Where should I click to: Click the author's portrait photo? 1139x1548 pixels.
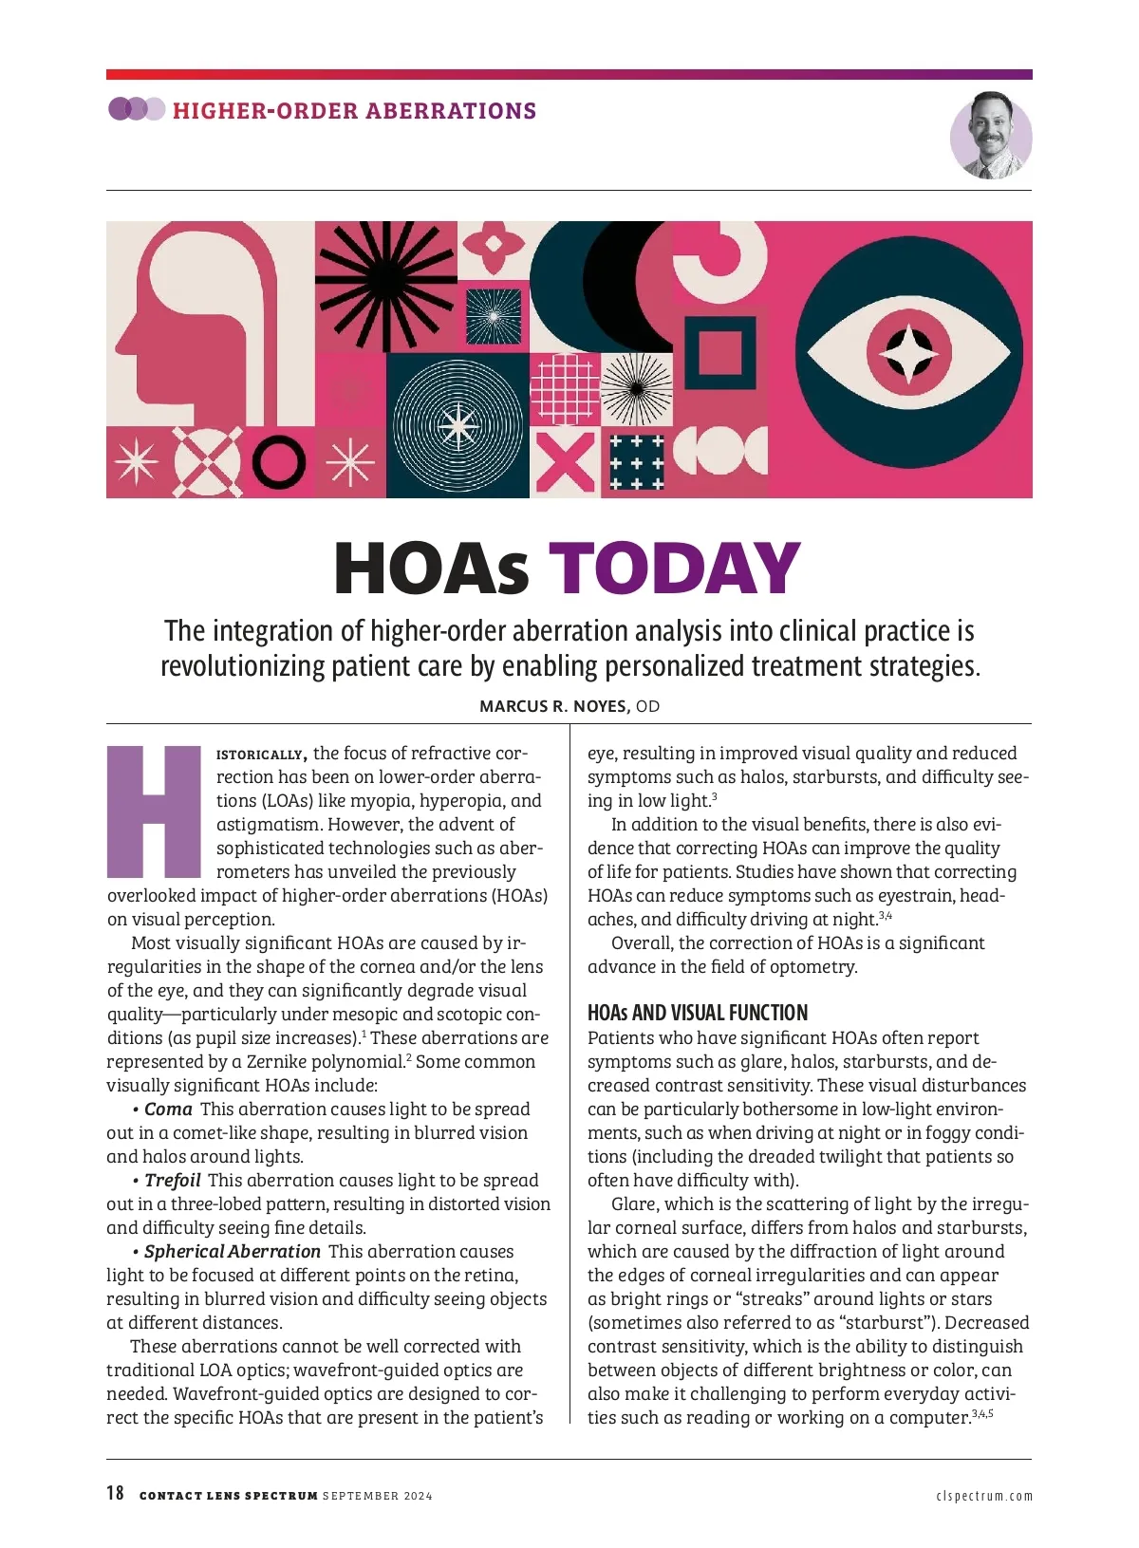click(x=991, y=136)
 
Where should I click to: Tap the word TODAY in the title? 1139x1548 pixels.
click(x=675, y=569)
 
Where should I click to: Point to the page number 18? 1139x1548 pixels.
click(x=115, y=1493)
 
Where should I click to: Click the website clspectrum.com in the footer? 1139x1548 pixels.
click(x=984, y=1496)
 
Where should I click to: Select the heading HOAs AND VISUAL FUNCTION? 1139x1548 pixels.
click(x=698, y=1013)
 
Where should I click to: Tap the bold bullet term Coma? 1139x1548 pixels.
click(x=169, y=1109)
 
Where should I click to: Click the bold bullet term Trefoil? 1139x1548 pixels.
click(x=173, y=1180)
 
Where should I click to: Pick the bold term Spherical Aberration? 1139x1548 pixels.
click(x=233, y=1251)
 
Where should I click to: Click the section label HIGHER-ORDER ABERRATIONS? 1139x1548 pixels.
click(x=354, y=111)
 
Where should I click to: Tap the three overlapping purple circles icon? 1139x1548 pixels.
click(x=136, y=109)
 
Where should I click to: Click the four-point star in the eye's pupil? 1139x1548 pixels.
click(x=908, y=353)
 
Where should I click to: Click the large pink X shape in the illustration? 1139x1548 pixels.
click(x=565, y=462)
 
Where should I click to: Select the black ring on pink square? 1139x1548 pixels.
click(x=279, y=462)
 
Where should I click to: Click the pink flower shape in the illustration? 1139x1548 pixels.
click(x=494, y=244)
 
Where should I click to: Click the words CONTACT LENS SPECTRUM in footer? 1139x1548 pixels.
click(x=228, y=1496)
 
